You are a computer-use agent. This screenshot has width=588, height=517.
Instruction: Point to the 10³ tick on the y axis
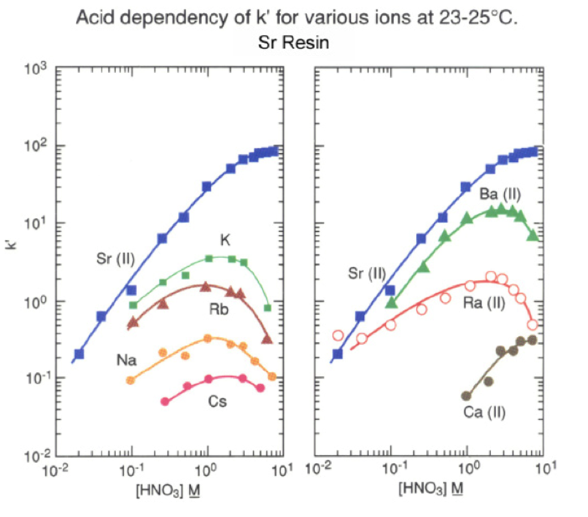36,70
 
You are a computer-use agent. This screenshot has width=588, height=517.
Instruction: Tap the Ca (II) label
485,412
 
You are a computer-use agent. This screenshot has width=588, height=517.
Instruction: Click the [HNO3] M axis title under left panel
167,487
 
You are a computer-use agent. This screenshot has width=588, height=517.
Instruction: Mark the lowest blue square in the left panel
79,354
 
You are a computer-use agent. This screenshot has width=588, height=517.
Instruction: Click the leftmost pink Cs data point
165,401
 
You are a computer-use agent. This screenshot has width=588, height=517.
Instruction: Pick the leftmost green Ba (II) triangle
392,302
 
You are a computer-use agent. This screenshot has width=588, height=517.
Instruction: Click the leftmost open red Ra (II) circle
338,335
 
